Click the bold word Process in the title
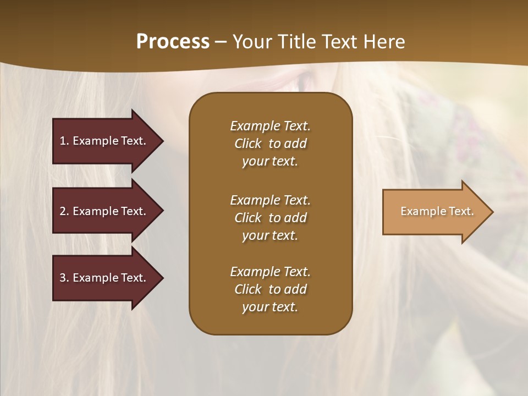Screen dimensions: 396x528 coord(173,42)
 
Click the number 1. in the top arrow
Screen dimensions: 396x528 coord(64,141)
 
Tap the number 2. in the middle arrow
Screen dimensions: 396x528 coord(64,211)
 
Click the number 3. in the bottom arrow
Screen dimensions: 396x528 coord(64,278)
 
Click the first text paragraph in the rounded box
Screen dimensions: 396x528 coord(270,144)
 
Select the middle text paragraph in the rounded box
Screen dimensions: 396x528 coord(270,218)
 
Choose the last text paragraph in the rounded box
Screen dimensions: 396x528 coord(270,289)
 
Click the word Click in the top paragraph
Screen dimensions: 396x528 coord(248,144)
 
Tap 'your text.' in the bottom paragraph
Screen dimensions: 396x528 coord(270,307)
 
